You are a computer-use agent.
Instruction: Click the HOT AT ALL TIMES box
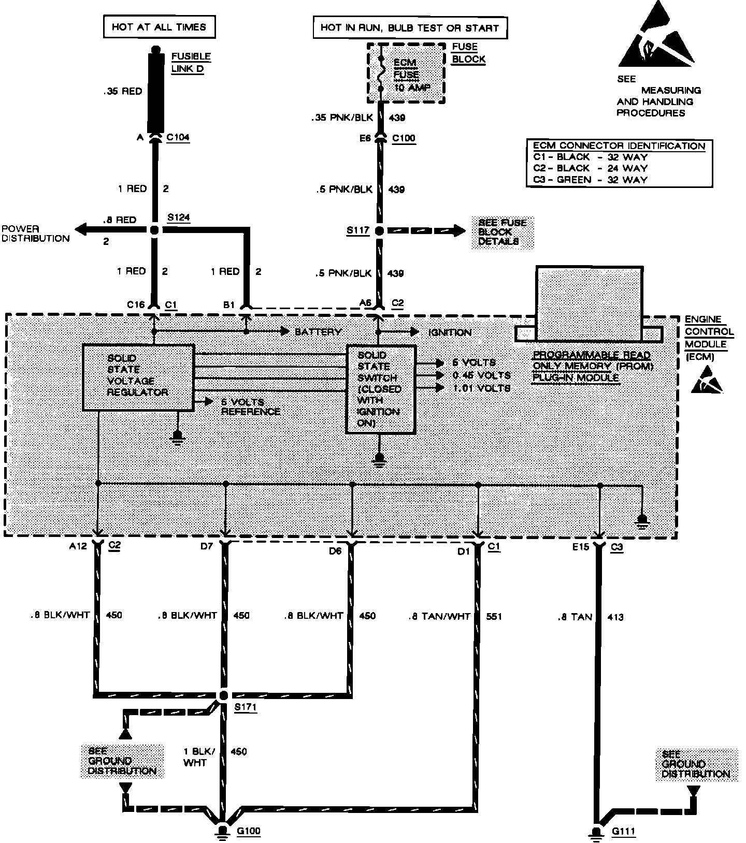pyautogui.click(x=159, y=27)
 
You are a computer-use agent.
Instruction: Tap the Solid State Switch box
pyautogui.click(x=381, y=389)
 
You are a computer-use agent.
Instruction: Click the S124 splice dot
pyautogui.click(x=154, y=231)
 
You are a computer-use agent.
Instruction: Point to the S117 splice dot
pyautogui.click(x=379, y=231)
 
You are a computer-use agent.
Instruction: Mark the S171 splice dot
pyautogui.click(x=224, y=695)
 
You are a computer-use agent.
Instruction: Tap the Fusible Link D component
pyautogui.click(x=154, y=91)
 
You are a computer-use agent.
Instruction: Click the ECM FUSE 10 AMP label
pyautogui.click(x=406, y=75)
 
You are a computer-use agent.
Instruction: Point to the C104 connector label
pyautogui.click(x=178, y=138)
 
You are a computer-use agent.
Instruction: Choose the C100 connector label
pyautogui.click(x=404, y=138)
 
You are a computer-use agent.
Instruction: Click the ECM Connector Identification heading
pyautogui.click(x=619, y=146)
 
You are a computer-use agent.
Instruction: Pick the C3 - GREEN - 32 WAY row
pyautogui.click(x=591, y=180)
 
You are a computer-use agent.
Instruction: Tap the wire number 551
pyautogui.click(x=494, y=617)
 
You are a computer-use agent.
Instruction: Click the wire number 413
pyautogui.click(x=615, y=617)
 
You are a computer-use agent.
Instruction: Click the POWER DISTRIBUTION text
pyautogui.click(x=35, y=234)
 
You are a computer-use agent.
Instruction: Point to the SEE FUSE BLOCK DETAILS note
pyautogui.click(x=502, y=232)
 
